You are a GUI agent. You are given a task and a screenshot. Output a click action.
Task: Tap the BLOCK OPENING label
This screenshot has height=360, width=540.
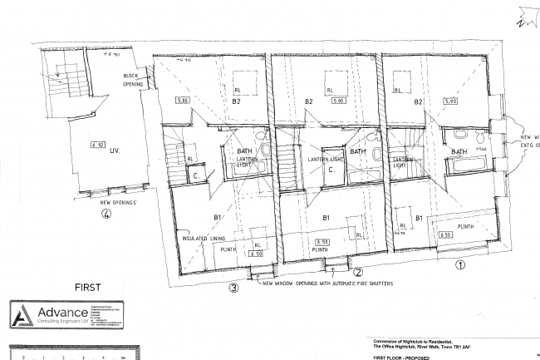133,81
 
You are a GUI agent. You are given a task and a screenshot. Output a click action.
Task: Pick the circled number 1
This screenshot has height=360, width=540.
459,266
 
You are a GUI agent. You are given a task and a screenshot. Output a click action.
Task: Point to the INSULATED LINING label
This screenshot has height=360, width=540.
204,239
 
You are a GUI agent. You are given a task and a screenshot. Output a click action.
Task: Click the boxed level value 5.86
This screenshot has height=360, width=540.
183,101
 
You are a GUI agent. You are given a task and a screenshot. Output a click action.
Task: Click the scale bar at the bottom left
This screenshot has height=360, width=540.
66,356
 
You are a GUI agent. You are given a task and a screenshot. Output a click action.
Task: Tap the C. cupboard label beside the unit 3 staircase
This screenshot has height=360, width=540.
196,175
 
